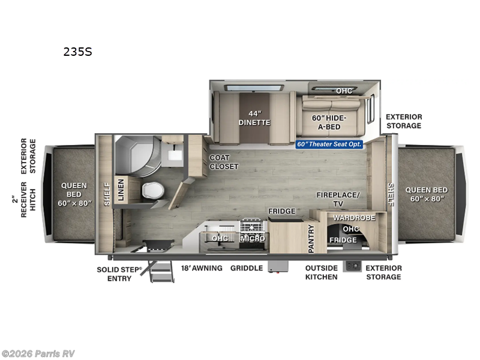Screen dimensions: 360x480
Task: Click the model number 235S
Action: pos(78,52)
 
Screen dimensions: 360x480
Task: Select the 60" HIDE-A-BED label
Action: pos(330,122)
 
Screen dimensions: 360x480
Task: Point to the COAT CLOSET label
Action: pos(224,162)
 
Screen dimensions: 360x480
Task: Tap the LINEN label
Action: pos(121,190)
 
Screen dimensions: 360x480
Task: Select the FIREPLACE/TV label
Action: pos(338,199)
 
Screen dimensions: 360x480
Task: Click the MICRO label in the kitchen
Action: pos(253,239)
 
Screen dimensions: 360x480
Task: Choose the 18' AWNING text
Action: pos(202,268)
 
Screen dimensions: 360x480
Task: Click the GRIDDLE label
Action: pos(247,268)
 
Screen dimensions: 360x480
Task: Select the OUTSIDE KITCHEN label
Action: pos(322,272)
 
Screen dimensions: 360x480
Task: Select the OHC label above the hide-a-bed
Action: pos(344,91)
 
